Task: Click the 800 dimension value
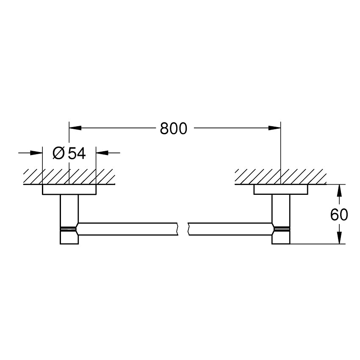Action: (x=174, y=127)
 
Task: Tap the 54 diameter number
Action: (x=77, y=153)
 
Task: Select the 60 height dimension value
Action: (x=339, y=215)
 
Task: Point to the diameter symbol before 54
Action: (x=59, y=153)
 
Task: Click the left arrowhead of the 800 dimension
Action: (x=75, y=127)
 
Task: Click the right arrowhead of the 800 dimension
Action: (x=275, y=127)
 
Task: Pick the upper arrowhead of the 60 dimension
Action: (x=339, y=189)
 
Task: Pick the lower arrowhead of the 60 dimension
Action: (x=339, y=239)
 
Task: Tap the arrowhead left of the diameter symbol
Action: (x=37, y=152)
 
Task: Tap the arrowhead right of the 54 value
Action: (x=102, y=152)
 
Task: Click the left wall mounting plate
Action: (x=69, y=190)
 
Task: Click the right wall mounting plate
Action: (x=281, y=190)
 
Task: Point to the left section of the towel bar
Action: (x=127, y=229)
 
